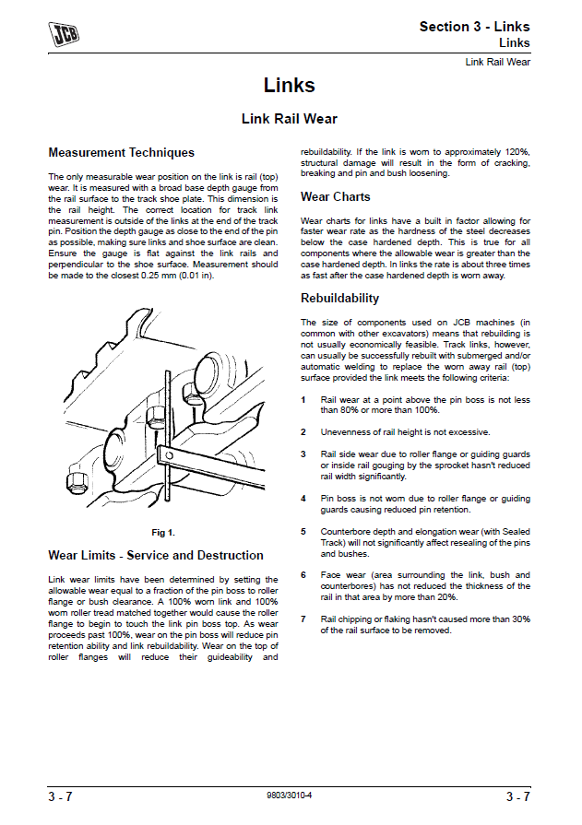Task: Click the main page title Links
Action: pyautogui.click(x=290, y=86)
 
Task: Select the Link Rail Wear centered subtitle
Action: pyautogui.click(x=290, y=119)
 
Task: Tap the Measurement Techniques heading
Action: pyautogui.click(x=121, y=153)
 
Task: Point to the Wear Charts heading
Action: pyautogui.click(x=336, y=197)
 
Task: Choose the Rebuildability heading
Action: pyautogui.click(x=339, y=299)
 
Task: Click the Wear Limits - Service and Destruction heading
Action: pyautogui.click(x=156, y=556)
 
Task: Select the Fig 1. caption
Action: pyautogui.click(x=163, y=533)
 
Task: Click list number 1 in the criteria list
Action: pyautogui.click(x=303, y=400)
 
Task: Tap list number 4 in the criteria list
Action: pyautogui.click(x=303, y=499)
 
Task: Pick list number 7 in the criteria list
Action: pyautogui.click(x=303, y=620)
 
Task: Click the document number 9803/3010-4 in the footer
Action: pyautogui.click(x=290, y=795)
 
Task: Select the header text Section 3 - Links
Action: pyautogui.click(x=474, y=27)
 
